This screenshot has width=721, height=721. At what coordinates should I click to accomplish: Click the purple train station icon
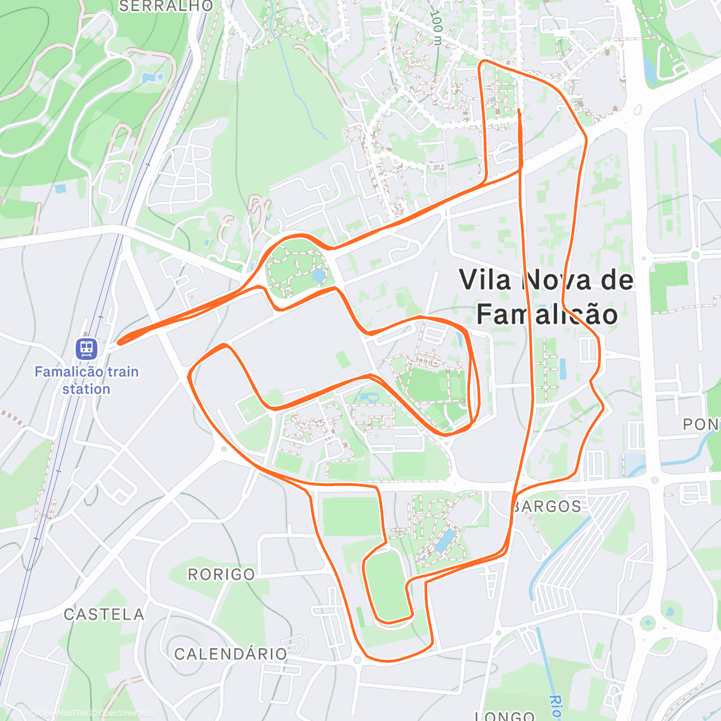point(87,348)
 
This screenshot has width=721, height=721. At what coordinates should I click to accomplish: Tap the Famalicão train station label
point(87,380)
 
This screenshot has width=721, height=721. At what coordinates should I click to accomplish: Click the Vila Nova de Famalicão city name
point(546,297)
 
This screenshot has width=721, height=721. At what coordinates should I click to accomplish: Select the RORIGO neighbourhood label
point(222,574)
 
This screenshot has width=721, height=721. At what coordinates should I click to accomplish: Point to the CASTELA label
point(104,614)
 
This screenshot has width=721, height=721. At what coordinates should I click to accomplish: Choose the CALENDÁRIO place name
point(231,654)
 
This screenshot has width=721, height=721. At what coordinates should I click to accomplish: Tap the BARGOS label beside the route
point(547,507)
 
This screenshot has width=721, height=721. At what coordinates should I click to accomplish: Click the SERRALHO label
point(166,6)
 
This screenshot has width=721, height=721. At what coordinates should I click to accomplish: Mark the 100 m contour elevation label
point(437,27)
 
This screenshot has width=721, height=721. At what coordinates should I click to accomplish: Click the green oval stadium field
point(386,586)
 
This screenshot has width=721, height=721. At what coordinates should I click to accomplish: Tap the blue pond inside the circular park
point(318,276)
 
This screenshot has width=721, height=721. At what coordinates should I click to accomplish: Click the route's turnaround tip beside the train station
point(119,342)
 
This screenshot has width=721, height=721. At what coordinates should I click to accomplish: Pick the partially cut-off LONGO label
point(505,716)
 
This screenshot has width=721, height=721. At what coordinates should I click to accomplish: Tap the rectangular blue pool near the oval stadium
point(445,540)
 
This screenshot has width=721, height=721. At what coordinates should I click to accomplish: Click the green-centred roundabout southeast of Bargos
point(647,622)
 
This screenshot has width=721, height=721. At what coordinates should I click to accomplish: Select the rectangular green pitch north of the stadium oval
point(352,515)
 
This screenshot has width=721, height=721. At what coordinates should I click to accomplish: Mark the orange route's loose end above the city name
point(519,110)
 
